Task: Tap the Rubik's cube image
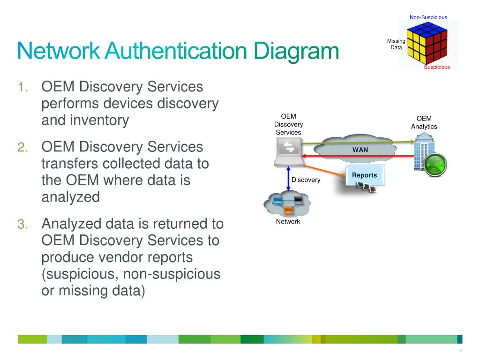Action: pos(425,43)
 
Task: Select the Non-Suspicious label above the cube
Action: pos(428,17)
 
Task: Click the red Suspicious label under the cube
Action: pos(436,67)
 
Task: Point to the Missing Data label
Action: pos(396,44)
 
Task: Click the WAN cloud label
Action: pos(360,150)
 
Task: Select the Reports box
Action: pos(364,175)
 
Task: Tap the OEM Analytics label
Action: pos(424,122)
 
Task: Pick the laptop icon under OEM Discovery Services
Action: pos(288,152)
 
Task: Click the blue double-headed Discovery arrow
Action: pos(288,179)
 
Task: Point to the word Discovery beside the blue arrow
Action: pos(306,180)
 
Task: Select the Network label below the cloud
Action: pos(288,221)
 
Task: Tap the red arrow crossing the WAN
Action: pos(356,156)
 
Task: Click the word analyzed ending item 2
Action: pos(70,197)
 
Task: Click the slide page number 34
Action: pos(461,351)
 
